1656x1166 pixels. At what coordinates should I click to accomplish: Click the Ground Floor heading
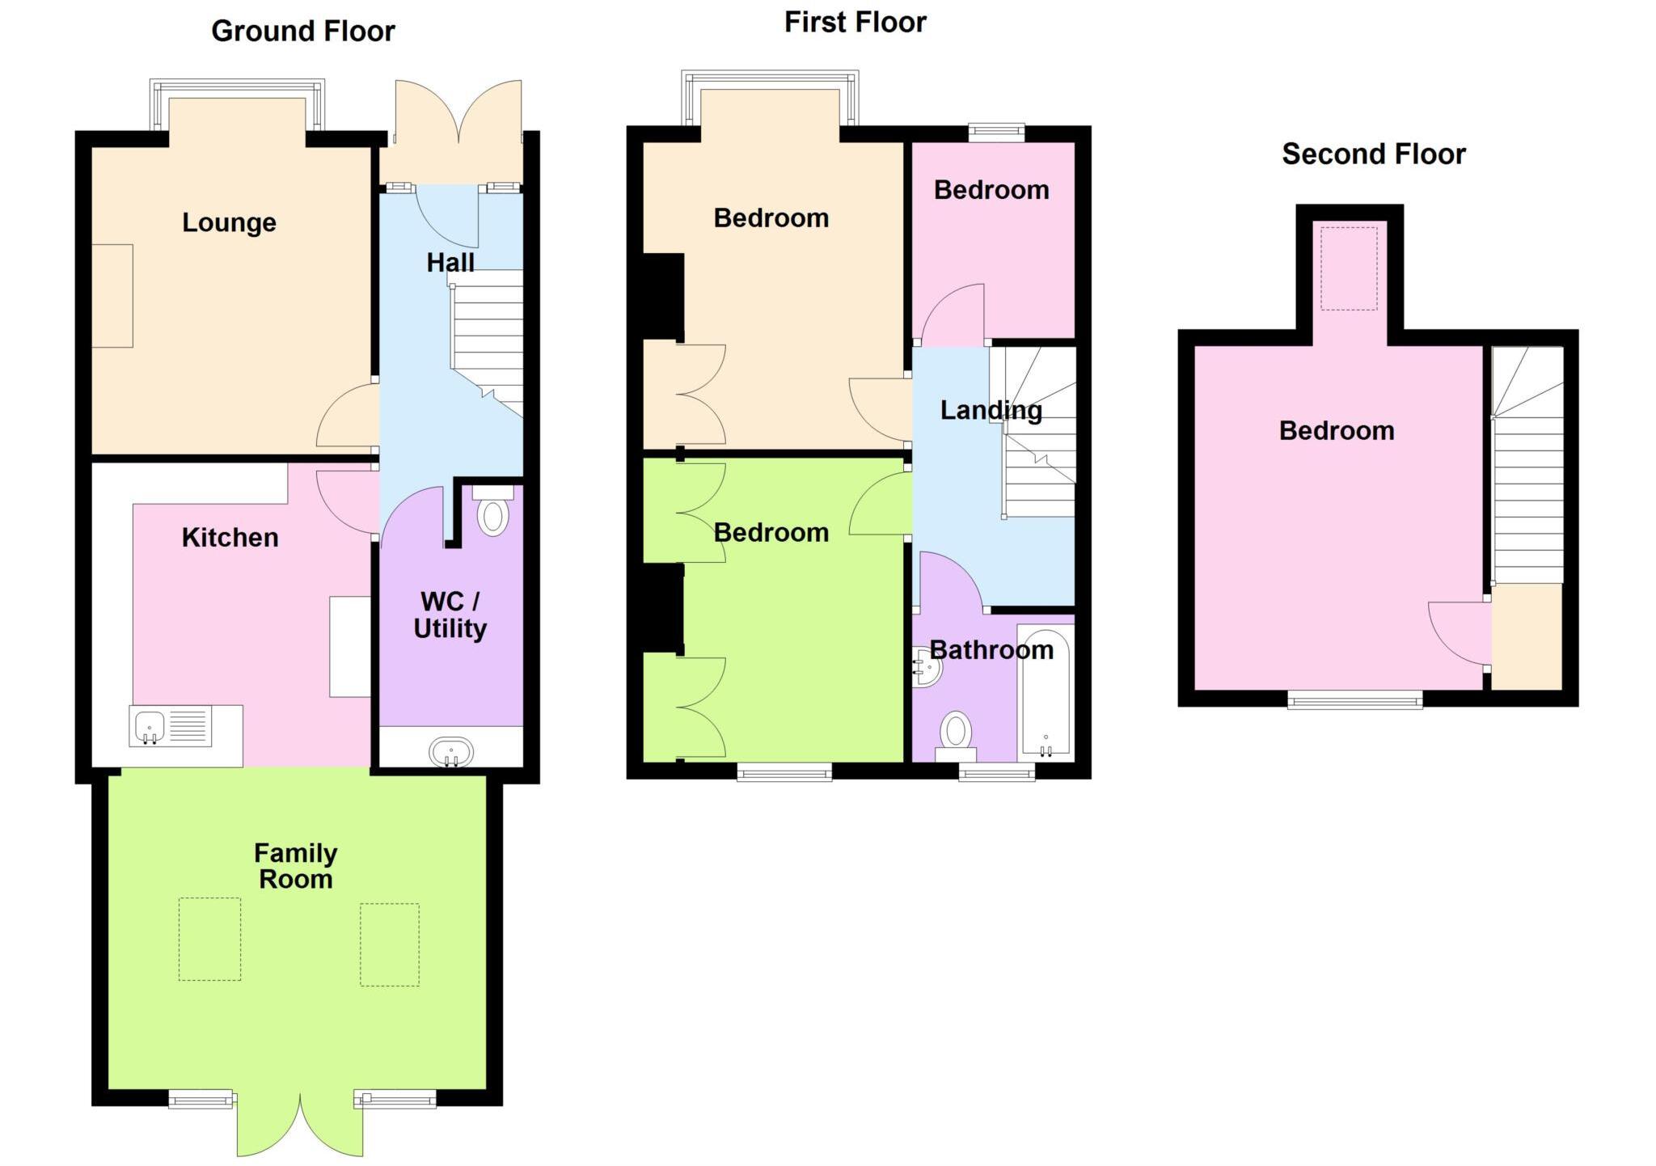[302, 32]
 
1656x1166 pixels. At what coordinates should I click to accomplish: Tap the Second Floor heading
[1373, 154]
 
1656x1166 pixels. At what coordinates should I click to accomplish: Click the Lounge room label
[229, 222]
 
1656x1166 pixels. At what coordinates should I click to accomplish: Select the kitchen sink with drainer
[171, 725]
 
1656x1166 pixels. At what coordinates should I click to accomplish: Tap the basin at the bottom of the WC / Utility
[451, 752]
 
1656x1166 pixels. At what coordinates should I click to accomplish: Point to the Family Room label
[295, 866]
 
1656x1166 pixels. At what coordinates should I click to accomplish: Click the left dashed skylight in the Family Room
[209, 939]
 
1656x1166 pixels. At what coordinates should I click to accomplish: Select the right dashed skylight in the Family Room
[389, 944]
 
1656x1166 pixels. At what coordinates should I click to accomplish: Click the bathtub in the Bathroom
[1046, 694]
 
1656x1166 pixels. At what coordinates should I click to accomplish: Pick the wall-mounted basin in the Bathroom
[926, 667]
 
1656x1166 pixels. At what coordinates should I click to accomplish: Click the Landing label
[991, 411]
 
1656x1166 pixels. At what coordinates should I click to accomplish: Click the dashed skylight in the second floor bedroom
[1349, 268]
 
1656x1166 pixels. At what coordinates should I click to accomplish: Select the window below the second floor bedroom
[1354, 699]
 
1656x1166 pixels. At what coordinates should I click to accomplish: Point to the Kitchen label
[230, 538]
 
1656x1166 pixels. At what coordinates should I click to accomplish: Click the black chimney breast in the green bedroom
[663, 608]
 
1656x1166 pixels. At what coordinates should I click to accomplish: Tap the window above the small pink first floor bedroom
[996, 132]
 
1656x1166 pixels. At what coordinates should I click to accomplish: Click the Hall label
[450, 263]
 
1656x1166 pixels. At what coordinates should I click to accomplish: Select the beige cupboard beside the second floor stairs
[1526, 637]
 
